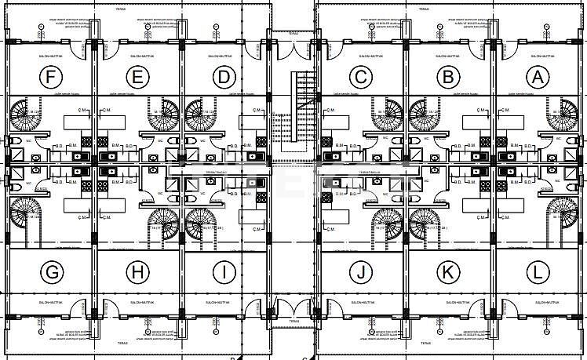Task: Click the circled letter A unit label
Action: pos(537,77)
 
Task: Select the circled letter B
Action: pos(449,77)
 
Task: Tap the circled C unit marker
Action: pos(361,77)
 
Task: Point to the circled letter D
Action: pos(225,77)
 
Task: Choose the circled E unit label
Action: pos(137,77)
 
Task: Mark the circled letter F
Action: pos(52,77)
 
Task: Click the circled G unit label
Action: pos(52,272)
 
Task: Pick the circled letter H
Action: pos(137,272)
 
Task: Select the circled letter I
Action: pos(225,272)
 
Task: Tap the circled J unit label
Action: pos(361,272)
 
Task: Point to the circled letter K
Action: pos(449,272)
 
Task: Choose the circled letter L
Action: pos(537,272)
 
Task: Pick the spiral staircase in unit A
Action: pos(560,115)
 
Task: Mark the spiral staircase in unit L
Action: pos(560,216)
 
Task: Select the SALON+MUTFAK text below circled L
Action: pos(537,301)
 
